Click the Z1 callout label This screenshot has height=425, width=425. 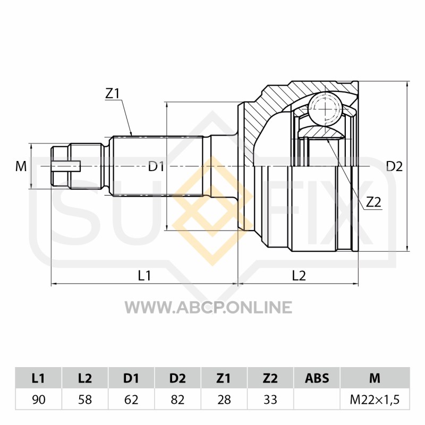[x=113, y=94]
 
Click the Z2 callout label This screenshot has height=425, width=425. [x=373, y=202]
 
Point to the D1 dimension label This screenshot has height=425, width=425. [x=156, y=166]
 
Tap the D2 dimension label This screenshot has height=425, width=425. [x=394, y=166]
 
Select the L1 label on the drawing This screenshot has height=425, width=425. [x=144, y=276]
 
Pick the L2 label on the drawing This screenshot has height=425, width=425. [x=299, y=276]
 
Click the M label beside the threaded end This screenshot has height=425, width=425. [x=21, y=166]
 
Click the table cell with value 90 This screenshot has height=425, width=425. [x=38, y=399]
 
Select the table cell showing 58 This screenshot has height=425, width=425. [x=85, y=399]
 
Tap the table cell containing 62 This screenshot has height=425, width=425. [x=131, y=399]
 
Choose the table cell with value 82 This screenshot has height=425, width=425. [x=177, y=399]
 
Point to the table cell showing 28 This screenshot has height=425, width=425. [x=224, y=399]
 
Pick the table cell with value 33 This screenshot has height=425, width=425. [x=270, y=399]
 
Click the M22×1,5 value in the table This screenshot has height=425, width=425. [x=375, y=399]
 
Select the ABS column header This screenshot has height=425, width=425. [x=317, y=378]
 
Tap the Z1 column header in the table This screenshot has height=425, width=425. [x=224, y=378]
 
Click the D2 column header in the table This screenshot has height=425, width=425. [x=177, y=378]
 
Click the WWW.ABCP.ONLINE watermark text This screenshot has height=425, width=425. [x=208, y=308]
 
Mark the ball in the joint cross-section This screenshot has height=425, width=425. [x=325, y=109]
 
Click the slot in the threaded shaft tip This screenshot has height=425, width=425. [x=66, y=166]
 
